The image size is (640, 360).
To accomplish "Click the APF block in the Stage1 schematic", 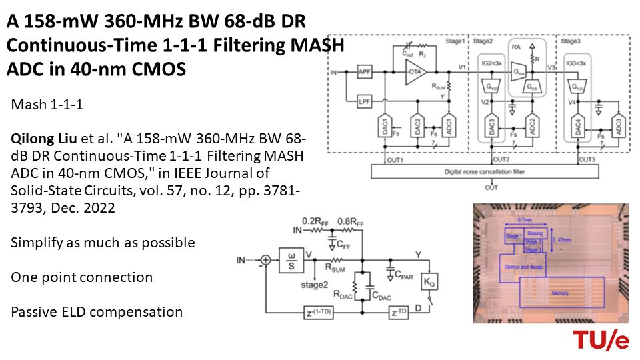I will (x=364, y=72).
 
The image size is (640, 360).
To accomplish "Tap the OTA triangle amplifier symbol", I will (x=415, y=72).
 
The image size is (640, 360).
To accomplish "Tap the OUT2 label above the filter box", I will (x=501, y=160).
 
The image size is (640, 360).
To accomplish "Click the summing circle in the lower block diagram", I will (x=265, y=260).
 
